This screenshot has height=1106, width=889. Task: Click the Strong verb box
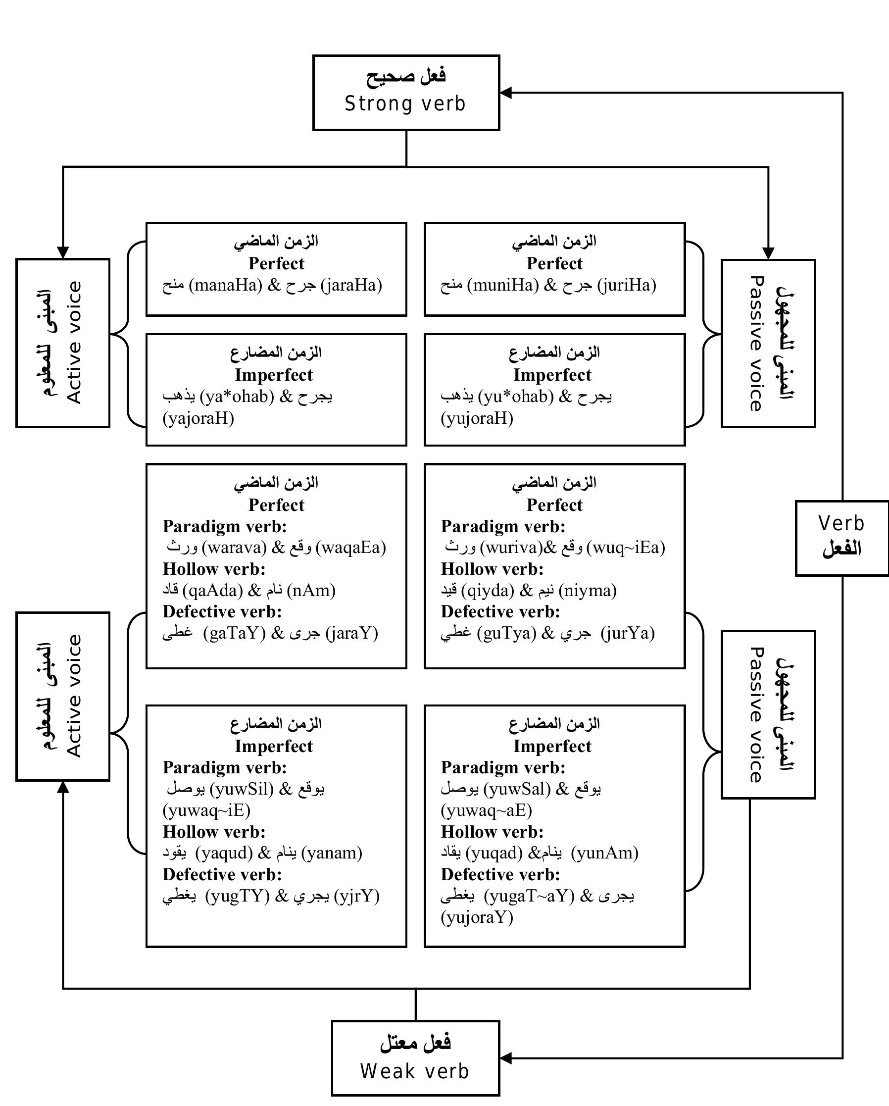click(406, 93)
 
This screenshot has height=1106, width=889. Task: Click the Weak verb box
click(415, 1058)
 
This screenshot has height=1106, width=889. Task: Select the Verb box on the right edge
click(841, 538)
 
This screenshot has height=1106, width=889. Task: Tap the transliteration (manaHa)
click(226, 285)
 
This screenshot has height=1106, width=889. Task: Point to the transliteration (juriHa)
click(627, 285)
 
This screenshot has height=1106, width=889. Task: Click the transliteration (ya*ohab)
click(237, 396)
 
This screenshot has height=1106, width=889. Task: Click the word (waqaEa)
click(351, 548)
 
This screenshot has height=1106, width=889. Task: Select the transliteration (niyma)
click(588, 591)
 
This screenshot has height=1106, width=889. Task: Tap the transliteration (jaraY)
click(352, 633)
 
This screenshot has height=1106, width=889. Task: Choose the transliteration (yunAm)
click(605, 853)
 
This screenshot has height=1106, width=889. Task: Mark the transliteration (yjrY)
click(357, 896)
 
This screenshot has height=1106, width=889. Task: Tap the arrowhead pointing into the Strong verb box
click(506, 93)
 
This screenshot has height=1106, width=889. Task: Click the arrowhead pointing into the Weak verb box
click(506, 1058)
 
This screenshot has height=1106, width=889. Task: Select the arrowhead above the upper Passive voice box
click(768, 253)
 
